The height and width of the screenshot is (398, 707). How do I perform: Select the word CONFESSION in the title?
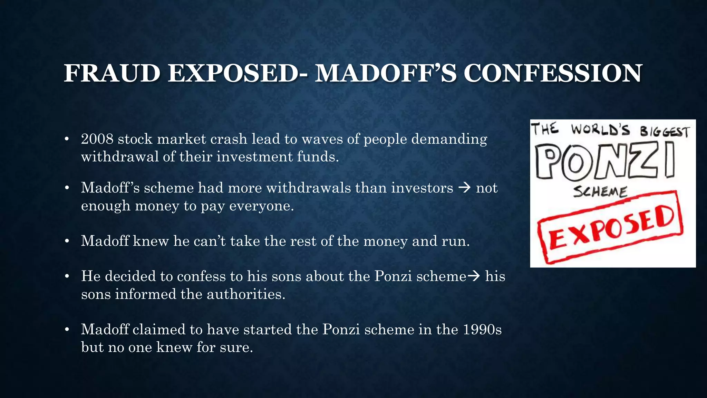pos(552,73)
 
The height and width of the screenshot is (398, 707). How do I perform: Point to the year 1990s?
pos(482,330)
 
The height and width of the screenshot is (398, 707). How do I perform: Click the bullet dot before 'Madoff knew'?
pos(67,241)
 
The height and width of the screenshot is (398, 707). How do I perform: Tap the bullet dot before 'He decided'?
pos(67,276)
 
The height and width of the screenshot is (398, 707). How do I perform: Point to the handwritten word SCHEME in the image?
pos(600,191)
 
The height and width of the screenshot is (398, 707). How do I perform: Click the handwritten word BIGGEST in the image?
pos(665,132)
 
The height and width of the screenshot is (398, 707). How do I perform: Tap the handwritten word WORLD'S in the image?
pos(600,130)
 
